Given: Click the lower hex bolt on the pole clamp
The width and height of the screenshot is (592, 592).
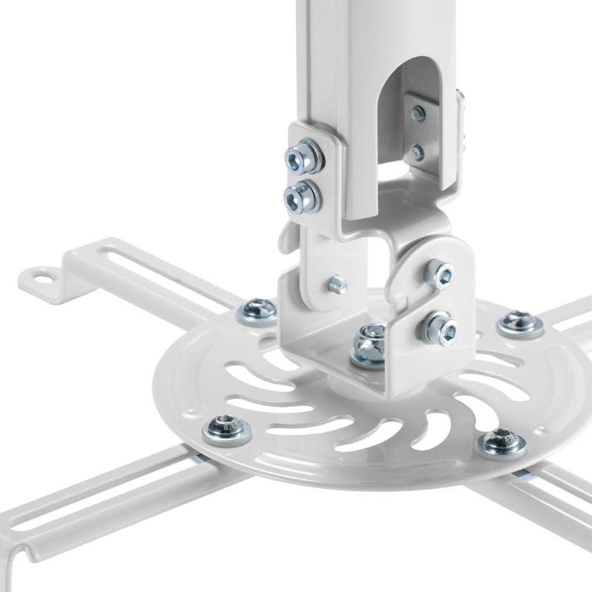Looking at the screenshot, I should pyautogui.click(x=302, y=195).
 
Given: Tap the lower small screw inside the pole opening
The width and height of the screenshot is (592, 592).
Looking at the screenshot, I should pyautogui.click(x=419, y=152).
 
